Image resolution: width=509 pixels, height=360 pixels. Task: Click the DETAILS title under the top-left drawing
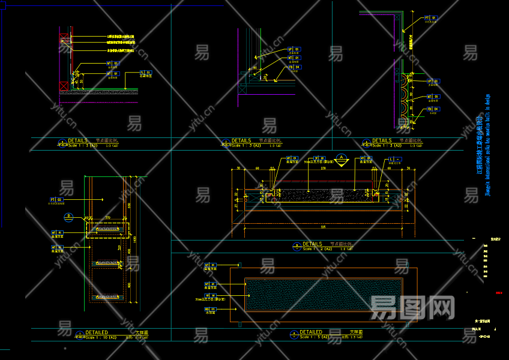click(x=78, y=141)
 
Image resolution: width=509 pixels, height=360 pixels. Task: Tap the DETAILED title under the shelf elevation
click(x=97, y=332)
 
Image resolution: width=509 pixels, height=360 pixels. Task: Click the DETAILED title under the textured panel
click(x=311, y=332)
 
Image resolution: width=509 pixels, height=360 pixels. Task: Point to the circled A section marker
click(x=342, y=157)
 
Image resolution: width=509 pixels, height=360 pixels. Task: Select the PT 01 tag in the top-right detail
click(x=429, y=18)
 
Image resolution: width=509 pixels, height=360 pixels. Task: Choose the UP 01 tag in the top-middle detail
click(x=294, y=49)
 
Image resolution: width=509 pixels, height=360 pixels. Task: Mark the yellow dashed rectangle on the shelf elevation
click(x=107, y=230)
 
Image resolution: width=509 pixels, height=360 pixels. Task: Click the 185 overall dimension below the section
click(x=323, y=227)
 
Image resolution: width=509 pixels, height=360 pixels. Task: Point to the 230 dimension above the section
click(x=323, y=169)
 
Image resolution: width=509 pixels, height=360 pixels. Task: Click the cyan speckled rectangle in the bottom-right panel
click(x=323, y=294)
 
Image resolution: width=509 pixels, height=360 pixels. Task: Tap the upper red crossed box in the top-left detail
click(x=64, y=40)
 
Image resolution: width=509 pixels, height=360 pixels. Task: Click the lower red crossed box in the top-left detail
click(x=64, y=86)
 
